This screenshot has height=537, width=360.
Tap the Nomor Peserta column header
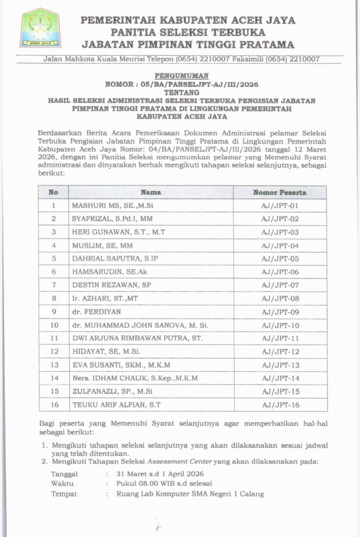(x=280, y=192)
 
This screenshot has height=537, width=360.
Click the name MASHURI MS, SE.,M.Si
(x=109, y=206)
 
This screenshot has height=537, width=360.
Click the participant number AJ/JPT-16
(x=280, y=405)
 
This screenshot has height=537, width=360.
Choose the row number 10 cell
(x=54, y=325)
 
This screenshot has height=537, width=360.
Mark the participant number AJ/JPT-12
(x=280, y=352)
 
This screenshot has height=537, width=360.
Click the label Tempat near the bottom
(x=63, y=493)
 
